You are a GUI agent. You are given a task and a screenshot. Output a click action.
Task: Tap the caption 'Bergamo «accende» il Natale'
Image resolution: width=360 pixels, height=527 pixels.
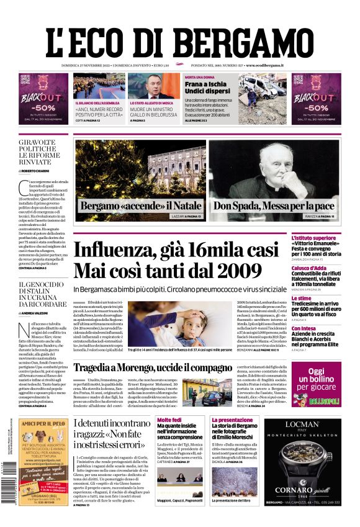(x=140, y=205)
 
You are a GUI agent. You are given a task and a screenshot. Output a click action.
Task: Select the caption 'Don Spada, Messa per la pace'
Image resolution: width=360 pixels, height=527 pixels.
(x=275, y=205)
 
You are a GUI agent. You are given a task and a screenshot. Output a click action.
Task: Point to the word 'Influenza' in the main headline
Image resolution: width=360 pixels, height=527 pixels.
(x=132, y=250)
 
